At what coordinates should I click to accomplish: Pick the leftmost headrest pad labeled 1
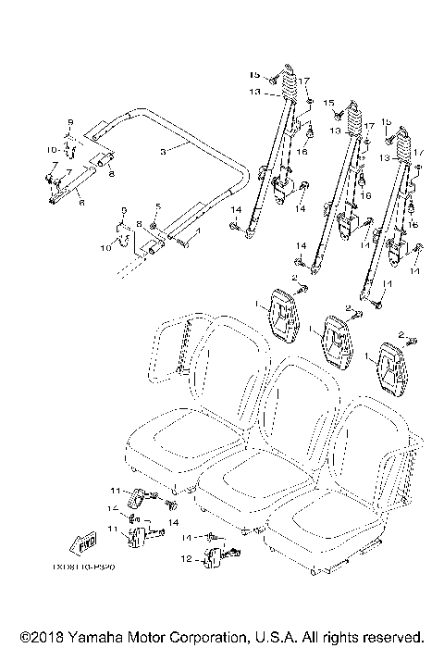click(x=282, y=312)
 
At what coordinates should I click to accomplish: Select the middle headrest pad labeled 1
click(x=336, y=340)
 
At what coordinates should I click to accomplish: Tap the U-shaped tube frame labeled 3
click(x=185, y=139)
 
